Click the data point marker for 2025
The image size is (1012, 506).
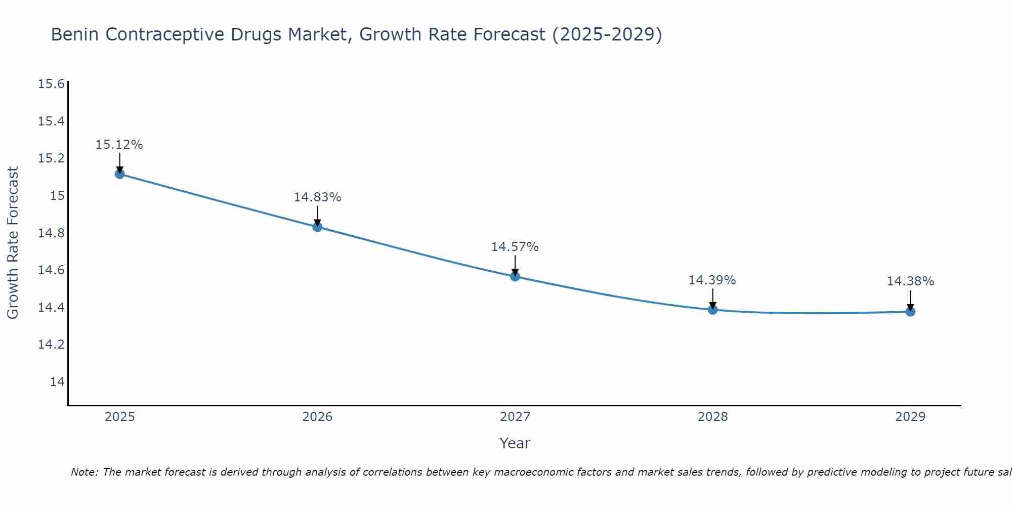pos(120,174)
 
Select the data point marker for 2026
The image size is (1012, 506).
pos(317,227)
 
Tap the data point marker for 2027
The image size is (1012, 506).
pos(515,276)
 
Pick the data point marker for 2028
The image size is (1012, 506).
pos(712,310)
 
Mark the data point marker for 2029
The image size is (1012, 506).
pos(910,312)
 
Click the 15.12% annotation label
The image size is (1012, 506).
pos(119,145)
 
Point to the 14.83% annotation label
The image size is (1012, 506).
pos(317,197)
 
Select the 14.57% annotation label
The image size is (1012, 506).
pos(515,247)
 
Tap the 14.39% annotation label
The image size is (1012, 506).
pos(712,280)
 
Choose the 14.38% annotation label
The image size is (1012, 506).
pos(910,281)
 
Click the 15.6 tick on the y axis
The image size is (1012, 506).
pos(52,84)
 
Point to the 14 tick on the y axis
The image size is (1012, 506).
pos(57,382)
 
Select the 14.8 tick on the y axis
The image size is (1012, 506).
pos(52,233)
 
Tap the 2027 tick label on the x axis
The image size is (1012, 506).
pos(515,417)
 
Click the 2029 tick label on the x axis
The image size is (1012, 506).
pos(910,417)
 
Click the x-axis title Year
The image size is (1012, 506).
pos(515,443)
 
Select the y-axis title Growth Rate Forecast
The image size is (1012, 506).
pos(13,243)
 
